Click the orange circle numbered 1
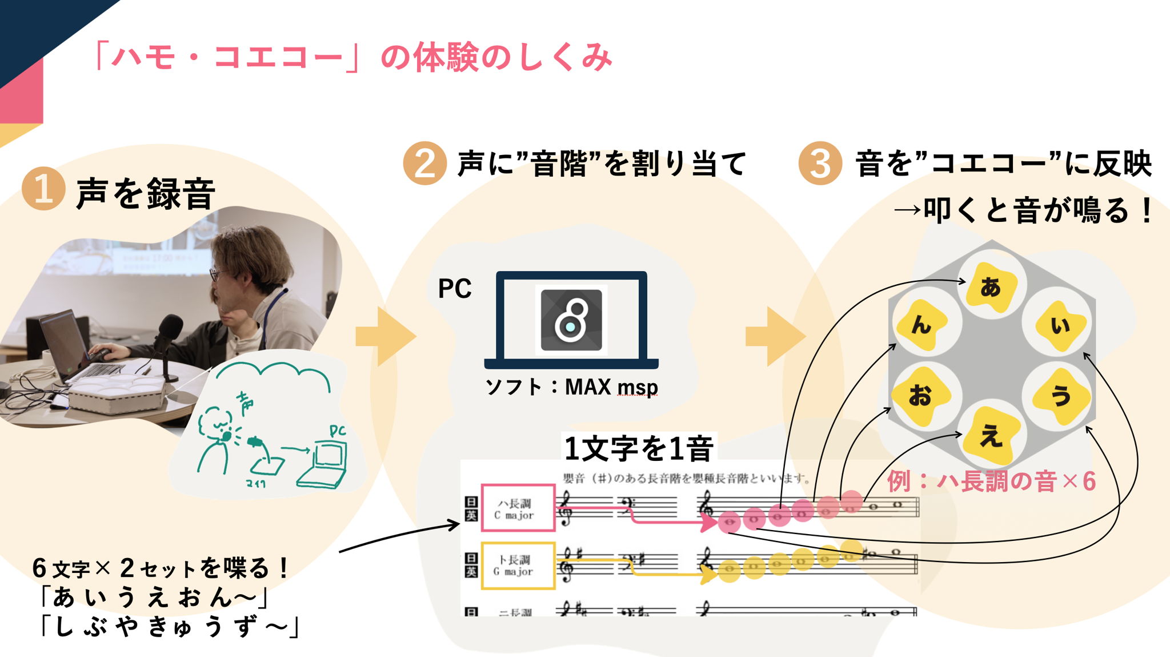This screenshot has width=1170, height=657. point(43,188)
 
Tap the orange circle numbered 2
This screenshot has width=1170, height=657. point(424,164)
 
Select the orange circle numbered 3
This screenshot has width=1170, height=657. point(820,164)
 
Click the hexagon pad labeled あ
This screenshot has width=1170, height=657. point(991,286)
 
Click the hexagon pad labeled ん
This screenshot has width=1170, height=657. point(921,325)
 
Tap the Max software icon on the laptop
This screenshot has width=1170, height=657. point(571,320)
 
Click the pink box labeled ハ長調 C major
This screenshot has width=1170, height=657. point(518,508)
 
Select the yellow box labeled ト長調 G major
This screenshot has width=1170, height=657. point(518,565)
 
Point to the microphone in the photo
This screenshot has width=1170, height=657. point(170,329)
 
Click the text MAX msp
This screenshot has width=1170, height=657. point(611,387)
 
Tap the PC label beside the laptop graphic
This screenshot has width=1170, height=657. point(455,289)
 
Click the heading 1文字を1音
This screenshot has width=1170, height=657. point(639,448)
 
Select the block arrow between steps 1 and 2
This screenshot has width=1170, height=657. point(386,336)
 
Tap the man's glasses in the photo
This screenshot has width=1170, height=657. point(217,274)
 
